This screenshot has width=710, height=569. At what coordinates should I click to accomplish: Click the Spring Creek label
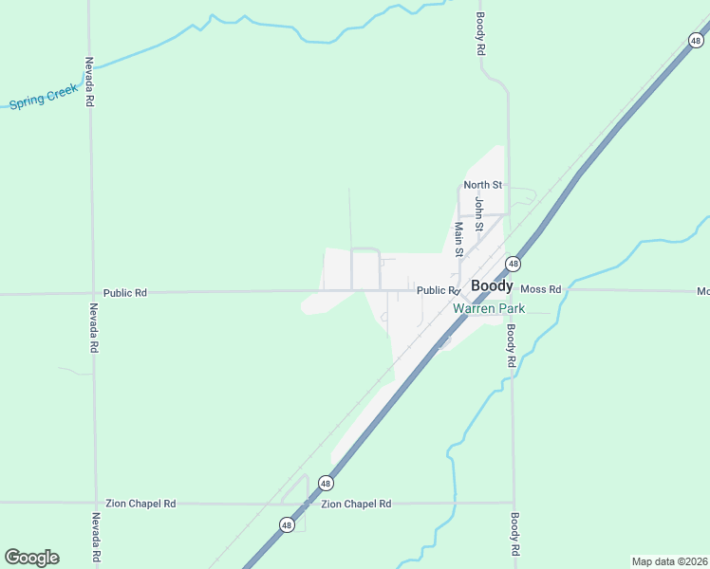(44, 97)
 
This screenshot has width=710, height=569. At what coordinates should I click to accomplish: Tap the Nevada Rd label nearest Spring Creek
(89, 82)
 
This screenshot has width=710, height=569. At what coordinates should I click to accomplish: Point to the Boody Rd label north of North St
(481, 34)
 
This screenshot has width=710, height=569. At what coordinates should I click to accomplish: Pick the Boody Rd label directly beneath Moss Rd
(510, 346)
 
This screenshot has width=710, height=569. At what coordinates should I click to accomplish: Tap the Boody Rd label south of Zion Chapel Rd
(514, 534)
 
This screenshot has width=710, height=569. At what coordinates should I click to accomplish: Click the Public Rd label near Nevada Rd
(126, 293)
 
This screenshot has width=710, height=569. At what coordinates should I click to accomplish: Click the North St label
(482, 185)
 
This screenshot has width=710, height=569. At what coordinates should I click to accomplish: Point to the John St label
(479, 215)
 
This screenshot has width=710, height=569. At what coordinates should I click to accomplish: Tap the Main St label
(458, 240)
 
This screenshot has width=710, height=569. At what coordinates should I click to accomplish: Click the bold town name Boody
(492, 285)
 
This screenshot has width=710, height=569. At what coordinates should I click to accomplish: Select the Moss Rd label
(541, 289)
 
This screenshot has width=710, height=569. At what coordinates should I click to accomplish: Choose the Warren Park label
(488, 308)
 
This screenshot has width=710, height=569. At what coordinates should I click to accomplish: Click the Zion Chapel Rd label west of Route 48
(141, 504)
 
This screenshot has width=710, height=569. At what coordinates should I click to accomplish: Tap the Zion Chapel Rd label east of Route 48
(356, 504)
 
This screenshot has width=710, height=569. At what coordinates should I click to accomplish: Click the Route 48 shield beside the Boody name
(513, 264)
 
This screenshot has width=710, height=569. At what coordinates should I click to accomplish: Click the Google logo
(31, 558)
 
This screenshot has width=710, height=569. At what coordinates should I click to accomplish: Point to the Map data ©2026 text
(669, 561)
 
